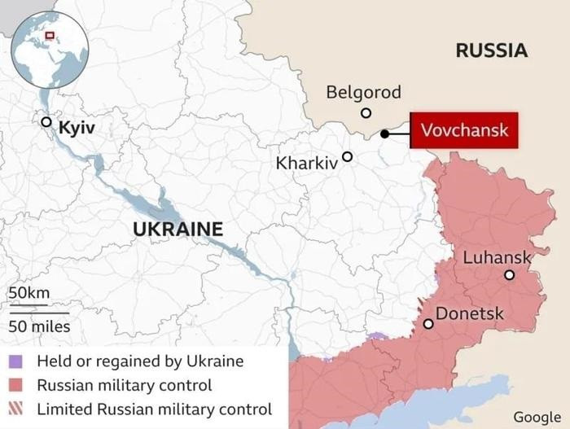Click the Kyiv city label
(77, 129)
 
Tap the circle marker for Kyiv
(46, 122)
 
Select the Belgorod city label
(363, 92)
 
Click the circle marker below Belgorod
(366, 113)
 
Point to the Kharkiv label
(306, 163)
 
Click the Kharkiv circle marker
(348, 156)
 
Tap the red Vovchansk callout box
(464, 130)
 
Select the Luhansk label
(497, 257)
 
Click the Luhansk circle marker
(509, 275)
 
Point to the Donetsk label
(469, 313)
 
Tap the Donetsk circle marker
(428, 324)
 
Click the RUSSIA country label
(491, 50)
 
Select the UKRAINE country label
(178, 230)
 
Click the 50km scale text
(28, 293)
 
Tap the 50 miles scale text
(39, 326)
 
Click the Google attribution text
(537, 417)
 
